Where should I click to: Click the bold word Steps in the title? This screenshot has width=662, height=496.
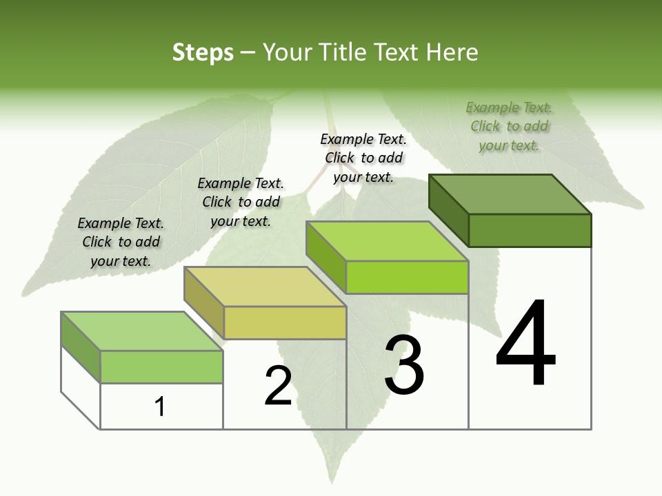point(203,52)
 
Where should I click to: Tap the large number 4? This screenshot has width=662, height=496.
point(525,344)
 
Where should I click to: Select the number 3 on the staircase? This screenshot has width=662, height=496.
point(404,366)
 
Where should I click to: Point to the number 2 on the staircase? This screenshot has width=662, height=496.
point(279,386)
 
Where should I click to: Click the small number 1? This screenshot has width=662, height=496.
point(160,407)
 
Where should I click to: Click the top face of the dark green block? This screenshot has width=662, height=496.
point(510,194)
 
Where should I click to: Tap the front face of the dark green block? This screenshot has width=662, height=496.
point(530,230)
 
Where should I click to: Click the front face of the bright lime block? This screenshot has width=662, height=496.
point(407,278)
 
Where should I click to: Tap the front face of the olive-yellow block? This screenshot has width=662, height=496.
point(285,322)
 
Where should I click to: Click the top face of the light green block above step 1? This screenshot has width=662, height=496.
point(142,331)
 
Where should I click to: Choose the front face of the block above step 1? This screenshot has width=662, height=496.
point(161,366)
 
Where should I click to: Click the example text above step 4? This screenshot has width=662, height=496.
point(509,127)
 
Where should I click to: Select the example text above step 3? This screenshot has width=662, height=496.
point(363,158)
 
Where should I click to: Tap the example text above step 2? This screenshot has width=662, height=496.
point(241,202)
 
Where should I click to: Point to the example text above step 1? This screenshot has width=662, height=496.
point(121,242)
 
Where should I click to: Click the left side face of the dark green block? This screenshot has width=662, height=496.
point(448,209)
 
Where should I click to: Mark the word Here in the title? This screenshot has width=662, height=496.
point(453,52)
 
